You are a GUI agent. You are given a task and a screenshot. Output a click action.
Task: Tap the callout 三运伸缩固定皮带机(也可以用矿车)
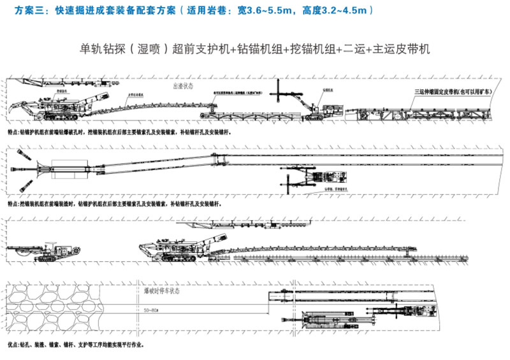(x=453, y=92)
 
